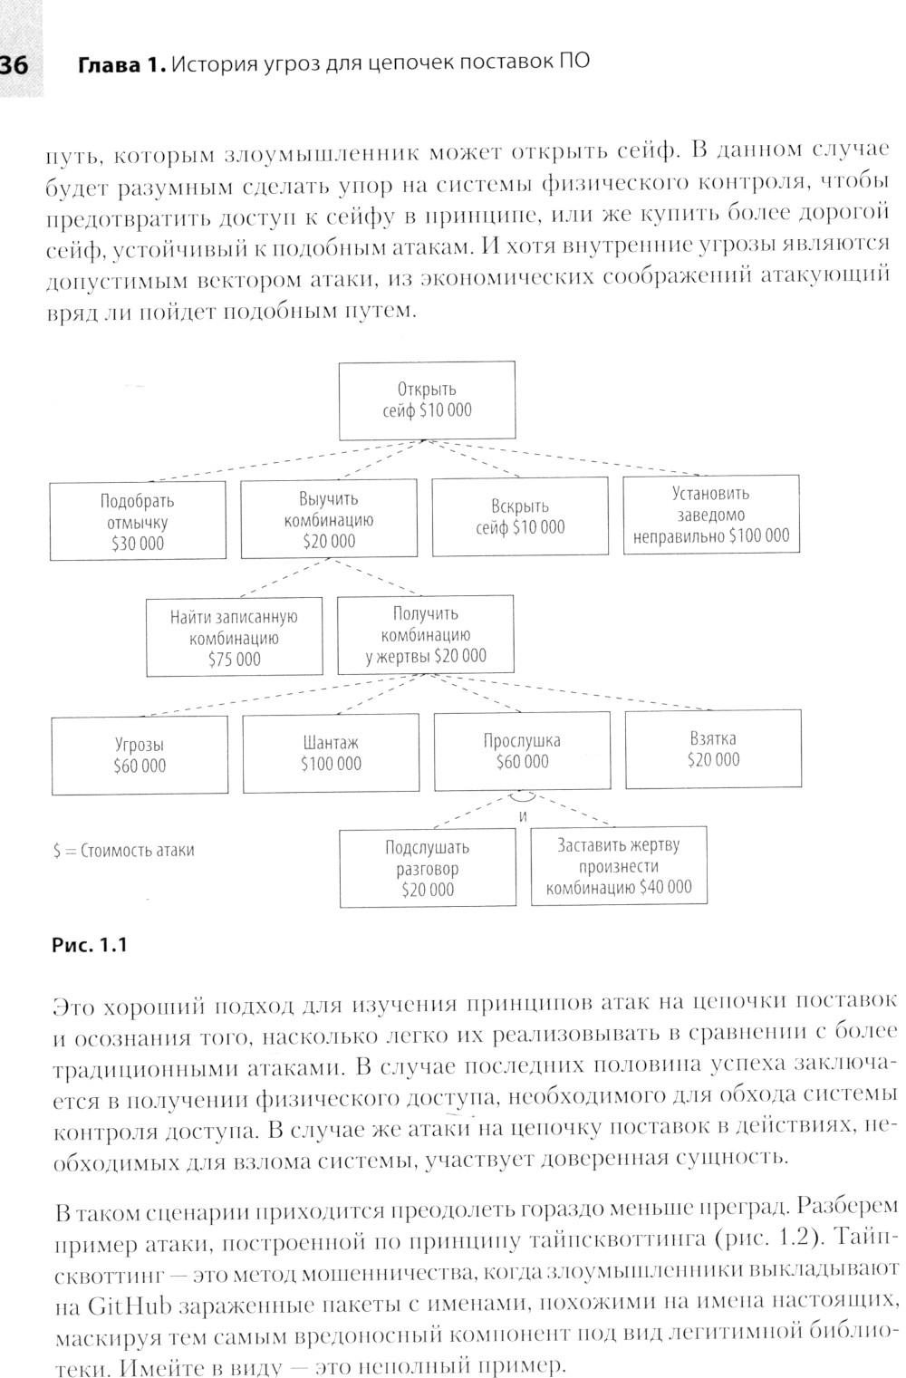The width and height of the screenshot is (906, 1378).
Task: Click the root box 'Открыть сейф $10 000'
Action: pos(427,400)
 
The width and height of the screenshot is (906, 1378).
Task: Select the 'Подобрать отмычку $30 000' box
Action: pos(138,522)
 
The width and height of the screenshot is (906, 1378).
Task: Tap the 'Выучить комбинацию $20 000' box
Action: pos(328,520)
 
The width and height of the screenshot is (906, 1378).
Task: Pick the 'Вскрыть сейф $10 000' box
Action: pos(520,516)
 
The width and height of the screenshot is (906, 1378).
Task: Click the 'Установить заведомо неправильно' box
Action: pos(711,514)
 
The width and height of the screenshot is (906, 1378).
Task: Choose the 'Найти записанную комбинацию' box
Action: pos(234,638)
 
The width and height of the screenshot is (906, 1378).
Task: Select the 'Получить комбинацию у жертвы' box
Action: pos(425,635)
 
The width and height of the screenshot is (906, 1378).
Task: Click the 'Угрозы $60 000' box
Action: pos(140,755)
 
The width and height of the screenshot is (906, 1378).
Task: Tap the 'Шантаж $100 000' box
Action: pos(331,753)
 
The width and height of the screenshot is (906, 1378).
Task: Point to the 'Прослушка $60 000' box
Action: pos(522,751)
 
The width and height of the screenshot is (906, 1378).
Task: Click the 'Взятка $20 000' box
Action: pos(713,749)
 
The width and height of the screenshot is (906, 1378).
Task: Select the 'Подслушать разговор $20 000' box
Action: pos(428,868)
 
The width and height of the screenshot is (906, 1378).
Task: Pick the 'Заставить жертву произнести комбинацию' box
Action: pos(619,865)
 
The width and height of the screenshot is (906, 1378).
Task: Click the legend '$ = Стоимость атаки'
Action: pos(123,851)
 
